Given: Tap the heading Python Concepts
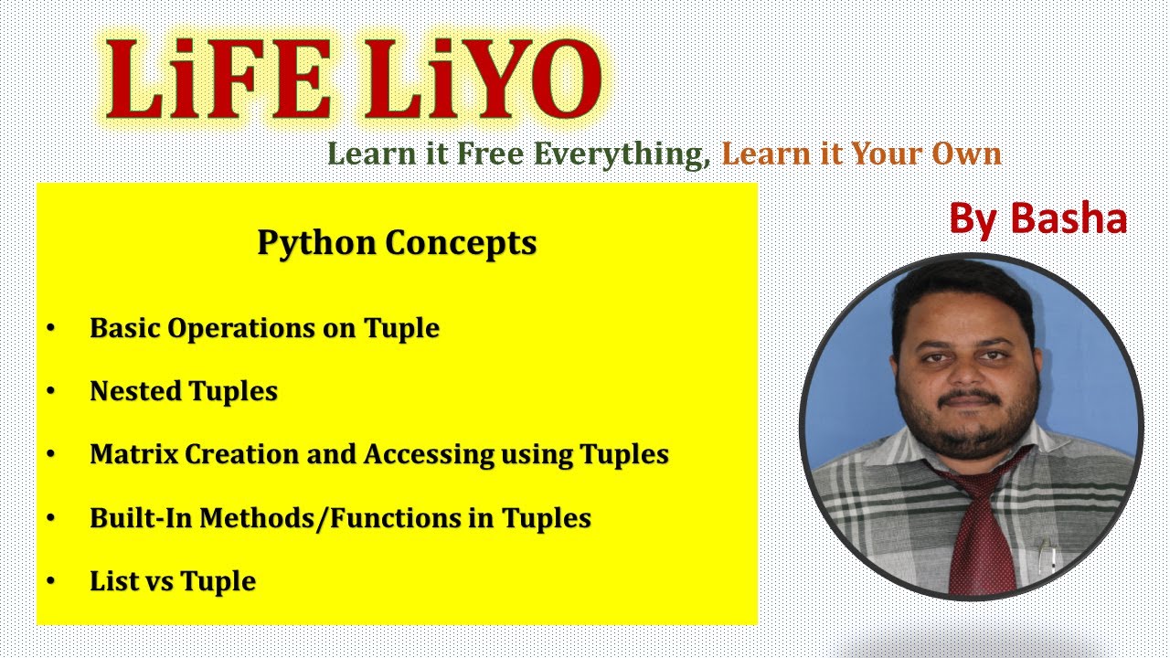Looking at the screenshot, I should pos(397,243).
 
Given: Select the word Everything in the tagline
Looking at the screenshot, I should pos(622,154).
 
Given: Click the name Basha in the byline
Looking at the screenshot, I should pos(1069,219).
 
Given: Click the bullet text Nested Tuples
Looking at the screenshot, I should pos(184,391).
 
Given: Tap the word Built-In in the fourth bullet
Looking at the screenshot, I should pos(142,518).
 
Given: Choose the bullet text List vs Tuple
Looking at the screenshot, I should pos(173,581).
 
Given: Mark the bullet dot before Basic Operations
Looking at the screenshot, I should pos(50,328).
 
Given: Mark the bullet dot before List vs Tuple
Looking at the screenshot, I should pos(50,581).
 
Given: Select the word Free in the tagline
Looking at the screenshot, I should pos(493,154).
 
